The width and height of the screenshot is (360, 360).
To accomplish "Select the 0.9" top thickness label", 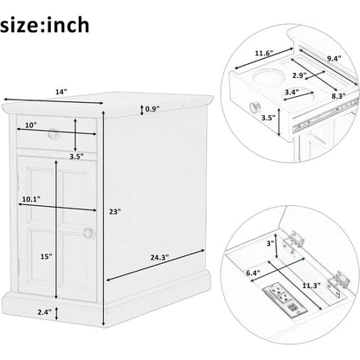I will click(152, 109).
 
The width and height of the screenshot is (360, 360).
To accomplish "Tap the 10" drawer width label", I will click(30, 126).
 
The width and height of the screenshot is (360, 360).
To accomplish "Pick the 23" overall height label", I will click(115, 210).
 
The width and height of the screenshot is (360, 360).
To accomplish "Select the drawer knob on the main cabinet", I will click(53, 134).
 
